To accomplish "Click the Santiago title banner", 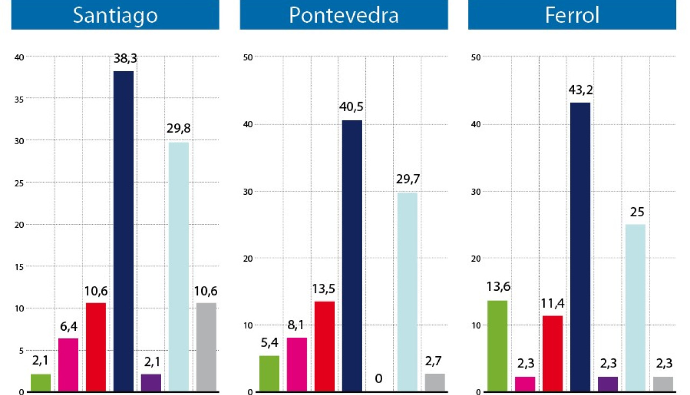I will coord(115,15).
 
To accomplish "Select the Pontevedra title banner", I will coord(343,15).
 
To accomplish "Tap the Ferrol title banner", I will coord(572,15).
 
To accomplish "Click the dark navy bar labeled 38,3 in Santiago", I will coord(123,231).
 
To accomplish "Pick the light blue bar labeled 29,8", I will coord(179,267).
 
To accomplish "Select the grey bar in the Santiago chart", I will coord(206,347).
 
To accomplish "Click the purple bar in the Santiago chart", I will coord(151,383).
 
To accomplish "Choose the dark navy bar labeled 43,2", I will coord(580,247).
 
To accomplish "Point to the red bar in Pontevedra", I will coord(325,346).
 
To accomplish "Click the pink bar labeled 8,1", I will coord(296,364).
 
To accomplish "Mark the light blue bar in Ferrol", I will coord(635,308).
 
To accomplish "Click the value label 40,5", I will coord(351,107).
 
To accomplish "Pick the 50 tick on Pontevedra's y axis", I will coord(248,57).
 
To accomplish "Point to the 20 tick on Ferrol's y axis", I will coord(477,258).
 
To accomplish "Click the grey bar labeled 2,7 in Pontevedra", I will coord(435,383).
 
